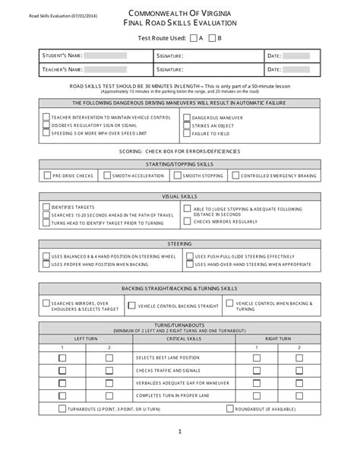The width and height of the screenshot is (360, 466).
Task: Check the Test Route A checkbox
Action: click(x=193, y=37)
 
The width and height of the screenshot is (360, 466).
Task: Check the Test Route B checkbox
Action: click(x=212, y=37)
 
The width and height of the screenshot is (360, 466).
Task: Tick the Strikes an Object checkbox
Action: click(x=186, y=125)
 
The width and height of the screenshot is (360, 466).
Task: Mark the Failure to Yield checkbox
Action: click(x=186, y=133)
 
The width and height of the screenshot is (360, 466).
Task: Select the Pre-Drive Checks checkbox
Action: click(x=47, y=176)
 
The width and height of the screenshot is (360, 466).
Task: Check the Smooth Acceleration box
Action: click(x=107, y=176)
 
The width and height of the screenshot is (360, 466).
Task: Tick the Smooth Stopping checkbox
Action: click(x=177, y=176)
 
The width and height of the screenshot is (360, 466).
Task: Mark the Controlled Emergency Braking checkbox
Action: click(x=236, y=176)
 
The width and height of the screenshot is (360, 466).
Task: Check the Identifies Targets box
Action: click(x=46, y=207)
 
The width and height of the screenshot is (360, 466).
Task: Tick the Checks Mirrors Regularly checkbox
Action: click(x=187, y=222)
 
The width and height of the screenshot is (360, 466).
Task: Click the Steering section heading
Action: click(x=179, y=243)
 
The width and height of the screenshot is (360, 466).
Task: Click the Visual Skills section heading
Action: click(x=179, y=195)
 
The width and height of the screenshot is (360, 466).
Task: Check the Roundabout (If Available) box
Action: click(x=229, y=408)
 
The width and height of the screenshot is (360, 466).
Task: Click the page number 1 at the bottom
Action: click(x=180, y=453)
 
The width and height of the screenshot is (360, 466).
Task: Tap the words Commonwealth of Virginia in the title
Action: click(x=180, y=14)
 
